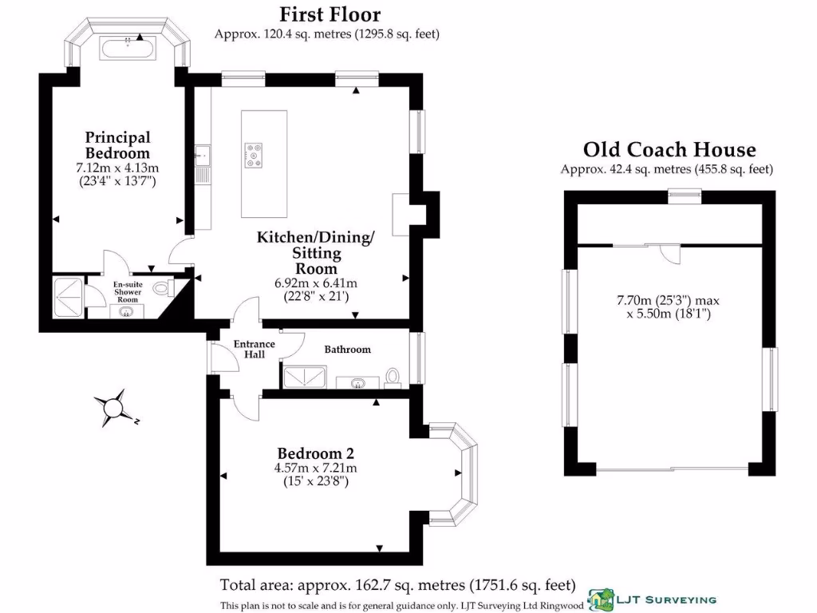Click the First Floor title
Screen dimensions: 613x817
[x=330, y=14]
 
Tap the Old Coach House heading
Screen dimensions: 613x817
[x=669, y=149]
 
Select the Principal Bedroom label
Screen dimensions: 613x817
[x=117, y=145]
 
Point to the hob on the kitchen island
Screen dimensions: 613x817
[x=255, y=154]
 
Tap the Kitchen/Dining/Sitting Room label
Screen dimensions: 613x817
[x=315, y=253]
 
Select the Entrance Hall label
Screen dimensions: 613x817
[x=254, y=349]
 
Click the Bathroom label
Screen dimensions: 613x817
[x=347, y=350]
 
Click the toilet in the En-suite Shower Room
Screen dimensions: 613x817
[x=163, y=288]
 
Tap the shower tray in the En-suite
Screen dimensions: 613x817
[x=68, y=297]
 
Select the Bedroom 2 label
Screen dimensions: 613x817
[x=314, y=451]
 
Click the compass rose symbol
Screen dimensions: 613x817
[x=113, y=408]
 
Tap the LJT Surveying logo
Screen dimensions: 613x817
[x=652, y=599]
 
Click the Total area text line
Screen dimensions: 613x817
[x=397, y=584]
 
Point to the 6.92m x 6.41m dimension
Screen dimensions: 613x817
[x=316, y=283]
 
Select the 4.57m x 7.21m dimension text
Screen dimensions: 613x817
[x=315, y=468]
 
